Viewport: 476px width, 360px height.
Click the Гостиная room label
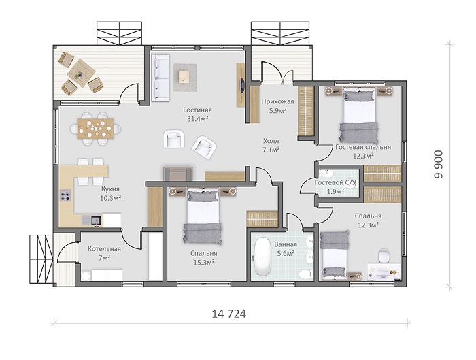(x=197, y=110)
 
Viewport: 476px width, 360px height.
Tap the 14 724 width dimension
(x=228, y=314)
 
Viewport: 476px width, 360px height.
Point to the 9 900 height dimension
(x=438, y=165)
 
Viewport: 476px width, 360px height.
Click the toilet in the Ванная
(x=306, y=274)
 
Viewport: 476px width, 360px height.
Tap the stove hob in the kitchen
(x=65, y=195)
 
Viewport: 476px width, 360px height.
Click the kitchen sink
(x=96, y=220)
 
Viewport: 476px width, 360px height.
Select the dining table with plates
(x=96, y=129)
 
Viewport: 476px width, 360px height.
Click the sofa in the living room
(x=160, y=78)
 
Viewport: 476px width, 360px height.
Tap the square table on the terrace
(x=81, y=73)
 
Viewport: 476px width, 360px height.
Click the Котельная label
(x=104, y=249)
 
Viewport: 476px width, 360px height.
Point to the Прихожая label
(x=277, y=101)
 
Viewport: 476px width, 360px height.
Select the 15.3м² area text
(x=204, y=262)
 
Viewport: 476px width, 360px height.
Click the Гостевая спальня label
(x=363, y=147)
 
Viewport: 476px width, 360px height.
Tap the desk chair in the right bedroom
(x=384, y=255)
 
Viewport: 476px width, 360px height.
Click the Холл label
(x=271, y=141)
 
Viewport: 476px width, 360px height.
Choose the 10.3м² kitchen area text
(x=110, y=198)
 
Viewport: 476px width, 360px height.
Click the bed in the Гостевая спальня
(x=358, y=115)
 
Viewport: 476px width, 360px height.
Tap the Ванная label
(x=286, y=244)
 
